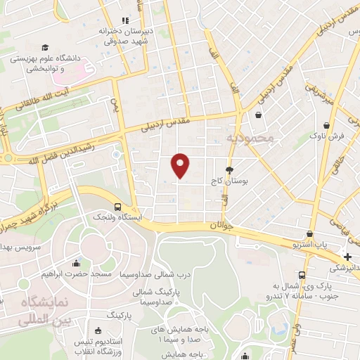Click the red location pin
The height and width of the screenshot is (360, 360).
[181, 165]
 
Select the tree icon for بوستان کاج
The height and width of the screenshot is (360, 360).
[229, 170]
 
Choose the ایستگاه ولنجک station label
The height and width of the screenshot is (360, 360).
[117, 218]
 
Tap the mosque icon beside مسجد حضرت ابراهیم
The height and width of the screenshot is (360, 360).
[76, 264]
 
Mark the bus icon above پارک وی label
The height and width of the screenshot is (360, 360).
[302, 275]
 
